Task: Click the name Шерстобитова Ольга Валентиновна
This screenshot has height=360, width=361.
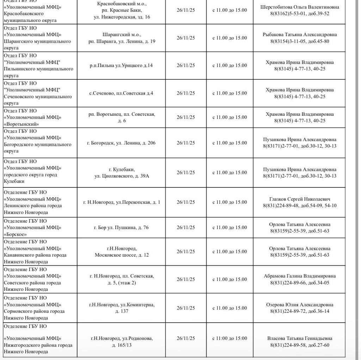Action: click(x=300, y=7)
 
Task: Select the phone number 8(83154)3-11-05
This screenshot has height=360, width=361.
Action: click(x=288, y=41)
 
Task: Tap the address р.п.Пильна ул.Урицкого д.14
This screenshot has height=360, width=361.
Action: click(x=121, y=66)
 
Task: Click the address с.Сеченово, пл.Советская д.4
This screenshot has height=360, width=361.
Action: click(x=121, y=93)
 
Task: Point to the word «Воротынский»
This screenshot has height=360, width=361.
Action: click(x=21, y=124)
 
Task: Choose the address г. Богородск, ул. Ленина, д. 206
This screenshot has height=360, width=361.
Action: click(x=121, y=143)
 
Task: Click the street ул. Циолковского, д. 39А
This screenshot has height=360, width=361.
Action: click(x=122, y=176)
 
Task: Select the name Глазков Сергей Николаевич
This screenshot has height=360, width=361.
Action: click(x=300, y=199)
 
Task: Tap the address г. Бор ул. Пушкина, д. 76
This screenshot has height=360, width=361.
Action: click(x=121, y=228)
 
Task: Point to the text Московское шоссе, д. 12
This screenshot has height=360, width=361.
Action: click(x=122, y=255)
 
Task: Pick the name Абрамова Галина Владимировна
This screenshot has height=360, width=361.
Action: click(x=300, y=276)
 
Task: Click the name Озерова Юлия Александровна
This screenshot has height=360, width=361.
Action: click(x=300, y=305)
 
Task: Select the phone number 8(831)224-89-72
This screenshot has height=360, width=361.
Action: click(x=288, y=311)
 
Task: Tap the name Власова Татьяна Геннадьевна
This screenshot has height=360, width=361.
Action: click(x=300, y=338)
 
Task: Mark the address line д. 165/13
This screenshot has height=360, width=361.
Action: click(x=122, y=345)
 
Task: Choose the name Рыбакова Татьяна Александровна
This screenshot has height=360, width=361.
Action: click(x=300, y=35)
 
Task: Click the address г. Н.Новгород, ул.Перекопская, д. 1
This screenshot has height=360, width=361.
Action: click(x=122, y=202)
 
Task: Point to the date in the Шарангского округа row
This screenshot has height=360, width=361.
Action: click(x=185, y=38)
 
